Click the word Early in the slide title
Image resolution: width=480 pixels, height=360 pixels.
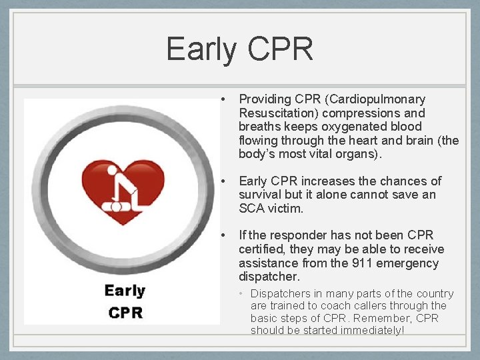point(202,49)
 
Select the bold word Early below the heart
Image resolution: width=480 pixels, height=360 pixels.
point(124,291)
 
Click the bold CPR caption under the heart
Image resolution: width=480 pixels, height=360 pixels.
point(125,312)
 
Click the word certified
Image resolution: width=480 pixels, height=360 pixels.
point(262,249)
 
